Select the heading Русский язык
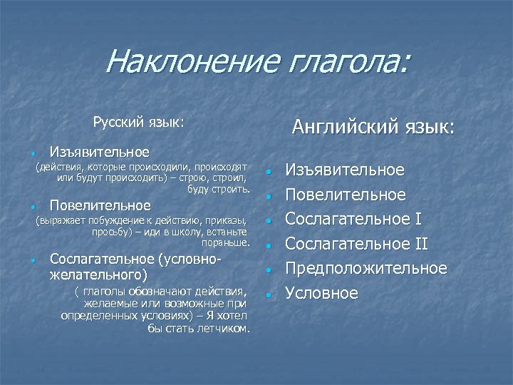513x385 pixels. pos(138,122)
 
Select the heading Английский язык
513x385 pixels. pos(373,127)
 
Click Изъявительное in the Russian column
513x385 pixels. pos(99,152)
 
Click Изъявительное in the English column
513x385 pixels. pos(345,170)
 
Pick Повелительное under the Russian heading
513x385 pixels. pos(100,206)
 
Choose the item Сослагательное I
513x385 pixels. pos(356,220)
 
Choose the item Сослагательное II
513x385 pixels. pos(356,245)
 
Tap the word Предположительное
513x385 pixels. pos(366,269)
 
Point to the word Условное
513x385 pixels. pos(322,294)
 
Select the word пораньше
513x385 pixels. pos(226,243)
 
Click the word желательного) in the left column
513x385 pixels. pos(98,274)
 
